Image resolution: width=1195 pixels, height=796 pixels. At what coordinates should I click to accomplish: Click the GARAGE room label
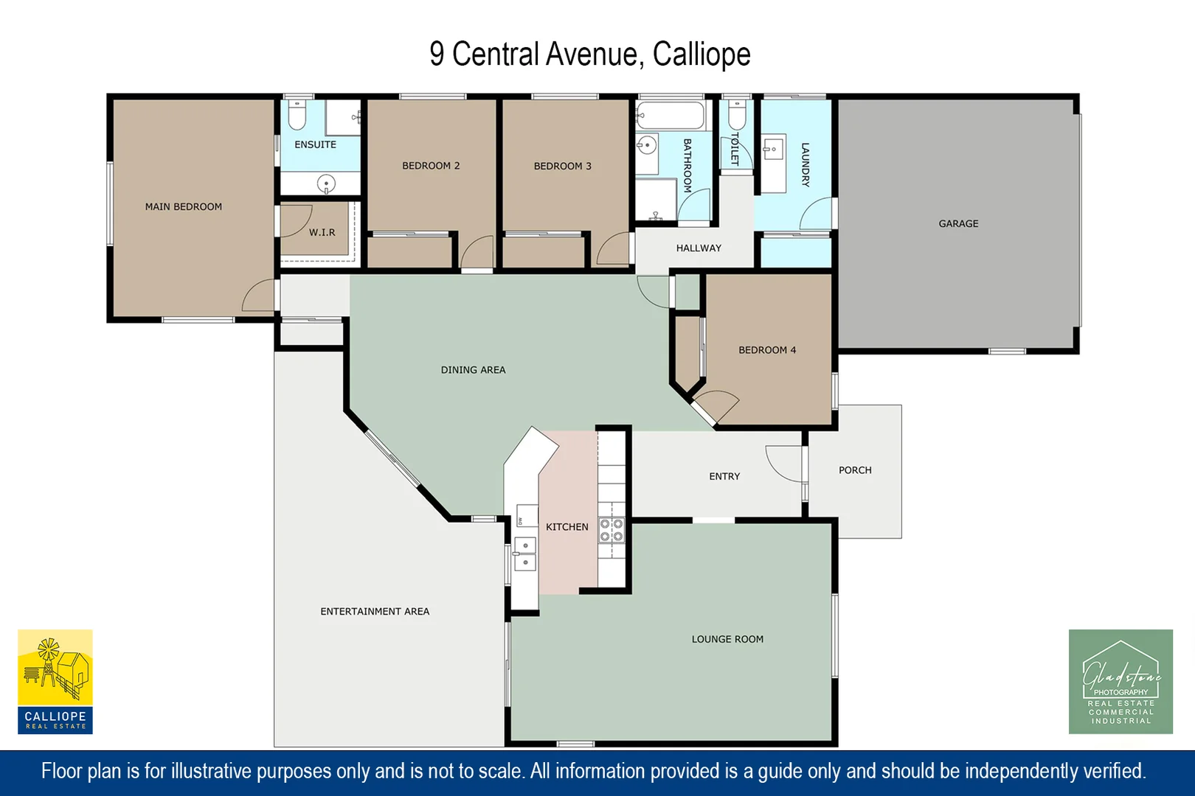click(958, 223)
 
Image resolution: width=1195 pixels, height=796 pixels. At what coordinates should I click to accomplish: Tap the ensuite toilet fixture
click(297, 114)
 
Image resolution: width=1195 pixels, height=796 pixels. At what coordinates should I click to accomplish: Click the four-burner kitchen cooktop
click(612, 530)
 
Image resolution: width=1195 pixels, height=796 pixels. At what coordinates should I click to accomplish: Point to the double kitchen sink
click(525, 554)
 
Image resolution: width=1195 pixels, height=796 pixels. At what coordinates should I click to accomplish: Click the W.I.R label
click(322, 232)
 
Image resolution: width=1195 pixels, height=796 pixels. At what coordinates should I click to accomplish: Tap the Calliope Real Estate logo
click(55, 681)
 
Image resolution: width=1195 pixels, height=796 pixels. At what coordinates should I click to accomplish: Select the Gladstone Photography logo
click(1120, 681)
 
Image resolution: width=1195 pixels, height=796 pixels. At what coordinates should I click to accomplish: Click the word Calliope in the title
click(702, 55)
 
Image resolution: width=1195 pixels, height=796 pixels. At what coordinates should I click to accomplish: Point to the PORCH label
click(855, 470)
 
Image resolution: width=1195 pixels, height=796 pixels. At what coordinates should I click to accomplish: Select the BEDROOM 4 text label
click(767, 350)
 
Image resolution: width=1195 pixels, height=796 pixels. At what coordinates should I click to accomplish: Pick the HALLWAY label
click(699, 248)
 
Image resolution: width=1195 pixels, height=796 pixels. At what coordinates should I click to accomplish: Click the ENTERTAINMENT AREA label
click(375, 612)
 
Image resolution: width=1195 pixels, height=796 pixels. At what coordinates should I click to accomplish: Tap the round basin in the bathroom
click(647, 145)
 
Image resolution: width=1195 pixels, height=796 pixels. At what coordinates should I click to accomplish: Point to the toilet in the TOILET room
click(737, 114)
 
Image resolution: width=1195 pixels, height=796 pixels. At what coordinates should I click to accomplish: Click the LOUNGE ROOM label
click(727, 639)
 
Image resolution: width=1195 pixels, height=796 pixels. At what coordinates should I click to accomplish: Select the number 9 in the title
click(437, 55)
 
